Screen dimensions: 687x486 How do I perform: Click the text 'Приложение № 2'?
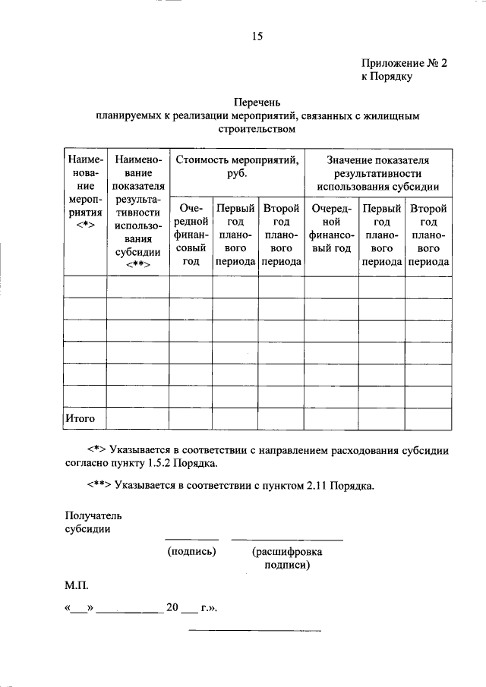(x=403, y=65)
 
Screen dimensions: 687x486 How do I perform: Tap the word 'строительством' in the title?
(x=257, y=129)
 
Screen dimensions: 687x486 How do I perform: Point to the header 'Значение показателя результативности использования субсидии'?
(x=377, y=173)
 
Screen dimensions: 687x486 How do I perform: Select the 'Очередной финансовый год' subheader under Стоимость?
(x=191, y=234)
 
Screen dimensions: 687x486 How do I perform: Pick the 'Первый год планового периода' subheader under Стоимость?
(x=235, y=234)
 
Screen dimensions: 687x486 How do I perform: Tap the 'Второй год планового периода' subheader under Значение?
(x=428, y=234)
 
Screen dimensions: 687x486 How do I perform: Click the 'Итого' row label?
(x=80, y=418)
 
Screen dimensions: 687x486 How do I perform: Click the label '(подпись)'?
(x=191, y=551)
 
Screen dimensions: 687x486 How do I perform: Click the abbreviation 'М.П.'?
(x=77, y=587)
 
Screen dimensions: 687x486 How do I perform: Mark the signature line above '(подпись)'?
(x=191, y=539)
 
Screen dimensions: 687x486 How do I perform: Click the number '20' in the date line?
(x=172, y=609)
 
